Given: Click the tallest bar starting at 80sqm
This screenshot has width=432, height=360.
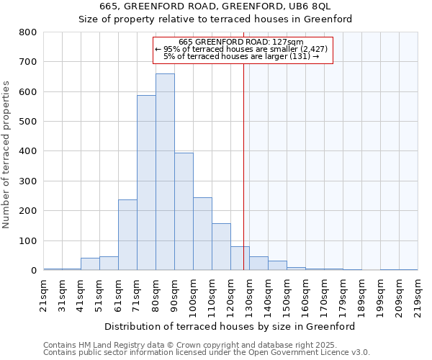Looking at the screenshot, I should tap(165, 172).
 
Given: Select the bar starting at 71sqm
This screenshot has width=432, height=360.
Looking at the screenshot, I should tap(146, 183).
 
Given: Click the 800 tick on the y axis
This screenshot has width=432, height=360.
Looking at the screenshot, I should tap(28, 32).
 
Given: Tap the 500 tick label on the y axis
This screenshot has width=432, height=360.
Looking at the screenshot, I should tap(28, 122).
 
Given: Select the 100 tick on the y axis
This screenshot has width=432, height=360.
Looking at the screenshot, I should tap(28, 241).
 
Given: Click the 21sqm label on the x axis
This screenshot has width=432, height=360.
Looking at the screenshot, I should tap(44, 292).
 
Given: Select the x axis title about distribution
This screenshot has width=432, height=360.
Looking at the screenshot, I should tap(230, 326).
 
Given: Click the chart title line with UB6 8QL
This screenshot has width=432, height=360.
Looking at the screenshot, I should tap(215, 6).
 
